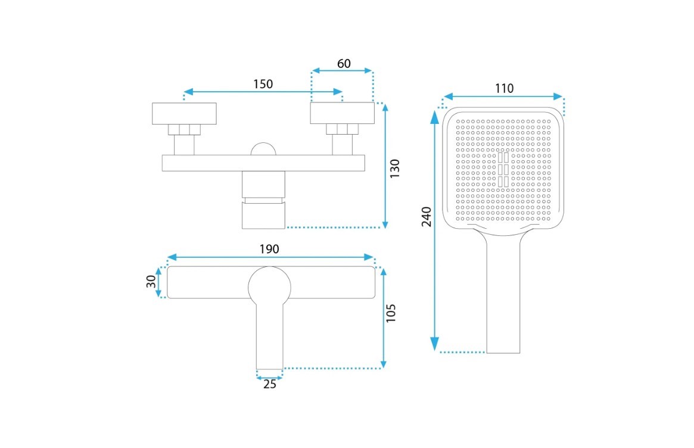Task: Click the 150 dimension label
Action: (x=263, y=83)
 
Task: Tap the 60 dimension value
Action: (x=344, y=64)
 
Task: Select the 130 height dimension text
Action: (x=394, y=169)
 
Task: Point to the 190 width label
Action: (x=269, y=249)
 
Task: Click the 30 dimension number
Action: (x=151, y=282)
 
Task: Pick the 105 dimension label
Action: (x=390, y=313)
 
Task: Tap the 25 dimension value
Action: (x=269, y=384)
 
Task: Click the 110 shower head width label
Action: (x=504, y=89)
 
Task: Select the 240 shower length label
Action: (x=426, y=216)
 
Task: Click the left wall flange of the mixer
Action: (x=184, y=114)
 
